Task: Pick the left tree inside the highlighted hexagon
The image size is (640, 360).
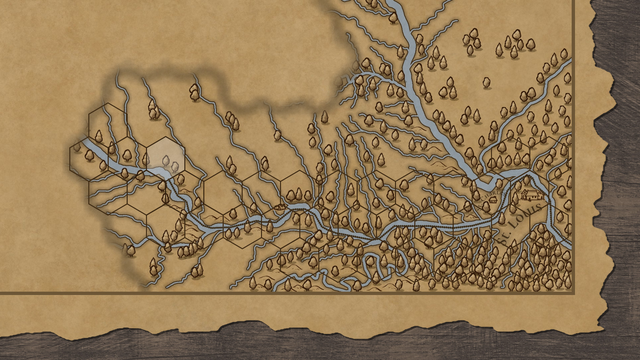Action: click(x=166, y=161)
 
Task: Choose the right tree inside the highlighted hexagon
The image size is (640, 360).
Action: click(x=175, y=166)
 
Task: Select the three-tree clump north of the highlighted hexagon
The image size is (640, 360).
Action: click(x=153, y=110)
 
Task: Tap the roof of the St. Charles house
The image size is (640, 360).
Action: click(x=493, y=198)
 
